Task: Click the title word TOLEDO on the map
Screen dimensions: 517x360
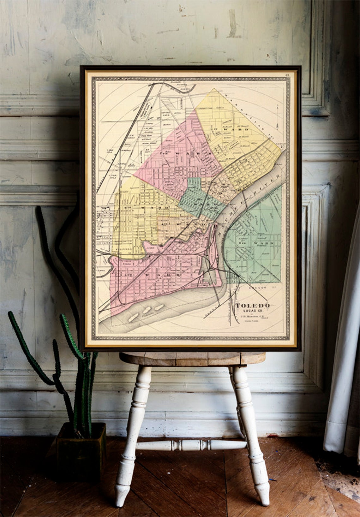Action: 252,305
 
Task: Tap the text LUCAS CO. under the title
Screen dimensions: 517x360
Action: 252,311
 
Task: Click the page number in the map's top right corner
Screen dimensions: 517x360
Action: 286,75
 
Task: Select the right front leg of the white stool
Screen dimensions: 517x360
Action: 253,442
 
